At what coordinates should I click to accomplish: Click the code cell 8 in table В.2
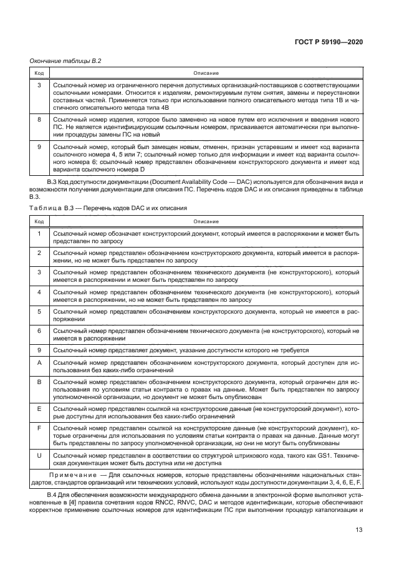coord(39,118)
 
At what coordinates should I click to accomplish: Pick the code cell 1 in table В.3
coord(39,233)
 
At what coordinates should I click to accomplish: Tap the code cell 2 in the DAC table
coord(39,253)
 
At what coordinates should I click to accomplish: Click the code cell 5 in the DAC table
coord(39,311)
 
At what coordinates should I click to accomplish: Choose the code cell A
coord(39,362)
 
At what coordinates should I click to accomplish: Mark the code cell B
coord(39,381)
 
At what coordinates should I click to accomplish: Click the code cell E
coord(39,408)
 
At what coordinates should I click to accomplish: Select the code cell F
coord(39,428)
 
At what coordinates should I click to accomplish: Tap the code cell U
coord(39,455)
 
